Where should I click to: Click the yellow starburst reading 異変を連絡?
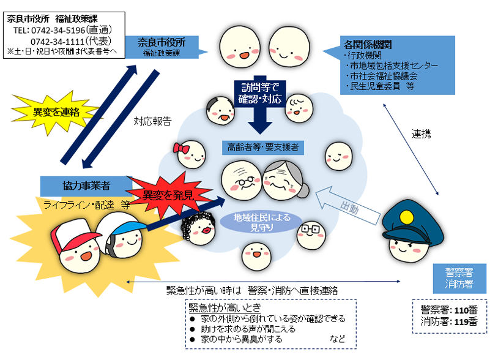pyautogui.click(x=56, y=113)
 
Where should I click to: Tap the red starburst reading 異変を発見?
pyautogui.click(x=168, y=195)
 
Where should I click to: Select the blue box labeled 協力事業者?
pyautogui.click(x=86, y=186)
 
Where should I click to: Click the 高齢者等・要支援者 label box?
pyautogui.click(x=262, y=148)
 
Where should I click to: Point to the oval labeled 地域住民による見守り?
pyautogui.click(x=261, y=222)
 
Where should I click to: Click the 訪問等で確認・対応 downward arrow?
pyautogui.click(x=260, y=105)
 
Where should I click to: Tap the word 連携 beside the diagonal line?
pyautogui.click(x=421, y=134)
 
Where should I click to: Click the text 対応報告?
pyautogui.click(x=152, y=121)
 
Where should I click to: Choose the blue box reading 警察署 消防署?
pyautogui.click(x=459, y=279)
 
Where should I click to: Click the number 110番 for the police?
pyautogui.click(x=466, y=310)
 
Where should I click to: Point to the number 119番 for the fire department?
pyautogui.click(x=466, y=321)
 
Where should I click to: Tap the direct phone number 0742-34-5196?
pyautogui.click(x=58, y=30)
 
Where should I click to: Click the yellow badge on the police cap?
pyautogui.click(x=406, y=217)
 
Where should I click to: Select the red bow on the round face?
pyautogui.click(x=181, y=148)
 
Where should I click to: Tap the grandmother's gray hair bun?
pyautogui.click(x=303, y=190)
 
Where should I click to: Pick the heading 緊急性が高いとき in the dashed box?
pyautogui.click(x=225, y=307)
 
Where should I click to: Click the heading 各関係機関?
pyautogui.click(x=368, y=44)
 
